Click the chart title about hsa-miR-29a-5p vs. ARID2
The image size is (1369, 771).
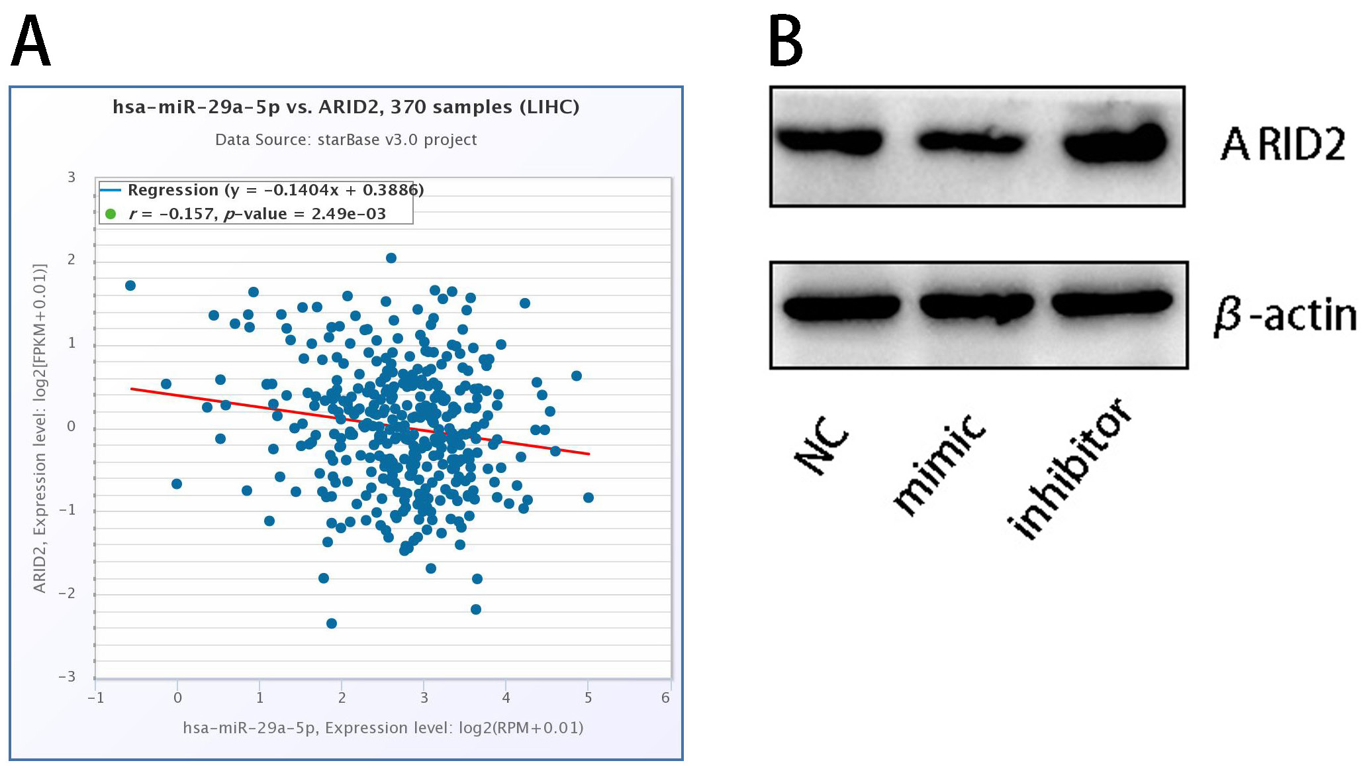pos(346,107)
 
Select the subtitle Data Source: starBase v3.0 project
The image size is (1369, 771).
pos(346,140)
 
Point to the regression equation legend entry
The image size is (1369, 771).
pos(275,190)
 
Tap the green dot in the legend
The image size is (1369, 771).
pos(111,214)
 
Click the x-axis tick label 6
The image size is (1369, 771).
pos(665,697)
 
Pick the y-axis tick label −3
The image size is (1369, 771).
pos(67,676)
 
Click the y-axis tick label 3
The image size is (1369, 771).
pos(71,177)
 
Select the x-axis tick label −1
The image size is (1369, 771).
pos(96,697)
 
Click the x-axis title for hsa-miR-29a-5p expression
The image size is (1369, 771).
pos(383,728)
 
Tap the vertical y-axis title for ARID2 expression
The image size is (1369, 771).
pos(40,428)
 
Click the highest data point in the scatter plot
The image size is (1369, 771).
pos(391,258)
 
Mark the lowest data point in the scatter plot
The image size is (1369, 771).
pos(332,623)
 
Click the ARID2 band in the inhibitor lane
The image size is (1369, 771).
pos(1115,143)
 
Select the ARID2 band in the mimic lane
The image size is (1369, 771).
pos(970,141)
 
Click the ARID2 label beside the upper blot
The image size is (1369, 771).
pos(1282,144)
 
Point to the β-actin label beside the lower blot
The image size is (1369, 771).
pos(1284,315)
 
